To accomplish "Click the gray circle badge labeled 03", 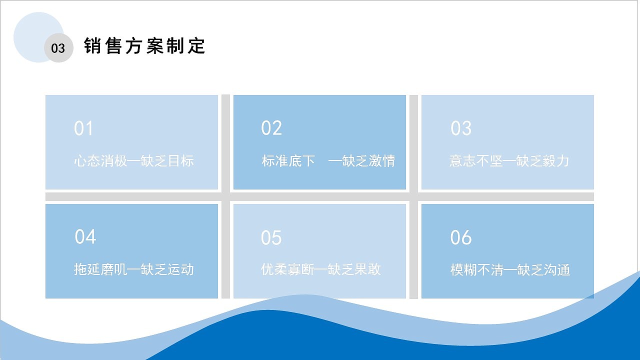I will click(x=58, y=48).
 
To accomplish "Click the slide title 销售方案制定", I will click(x=145, y=46).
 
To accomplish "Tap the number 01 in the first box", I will click(x=83, y=128).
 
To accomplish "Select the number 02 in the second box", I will click(x=271, y=128).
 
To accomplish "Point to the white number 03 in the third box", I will click(x=460, y=128).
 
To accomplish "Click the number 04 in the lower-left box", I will click(x=85, y=236).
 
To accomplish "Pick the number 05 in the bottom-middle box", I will click(x=271, y=238).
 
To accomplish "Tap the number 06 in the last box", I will click(x=460, y=237).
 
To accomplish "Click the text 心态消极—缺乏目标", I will click(x=133, y=161).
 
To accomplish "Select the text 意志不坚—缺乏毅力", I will click(x=509, y=161).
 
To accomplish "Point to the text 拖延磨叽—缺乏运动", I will click(x=133, y=269).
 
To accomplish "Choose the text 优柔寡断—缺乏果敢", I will click(x=321, y=269).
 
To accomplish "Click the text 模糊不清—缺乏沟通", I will click(x=510, y=270).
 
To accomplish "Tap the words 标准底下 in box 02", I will click(x=288, y=161).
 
